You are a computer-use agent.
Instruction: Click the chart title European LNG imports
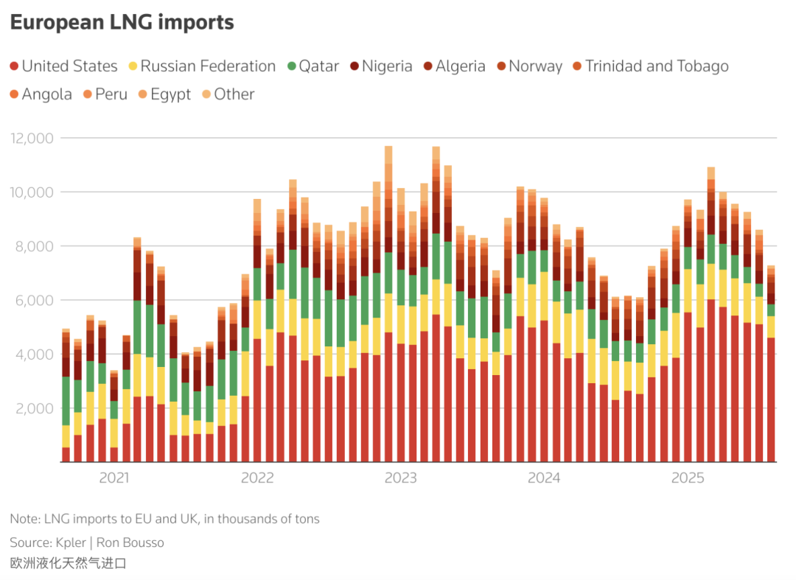[x=122, y=23]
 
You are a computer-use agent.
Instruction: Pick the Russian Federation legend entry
[x=202, y=66]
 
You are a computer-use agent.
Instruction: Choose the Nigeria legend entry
[x=381, y=66]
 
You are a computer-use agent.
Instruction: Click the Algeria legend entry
[x=454, y=66]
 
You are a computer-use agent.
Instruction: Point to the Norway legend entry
[x=528, y=66]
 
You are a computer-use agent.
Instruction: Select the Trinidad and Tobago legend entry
[x=649, y=66]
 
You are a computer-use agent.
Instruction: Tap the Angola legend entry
[x=41, y=94]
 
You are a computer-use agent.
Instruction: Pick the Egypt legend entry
[x=164, y=94]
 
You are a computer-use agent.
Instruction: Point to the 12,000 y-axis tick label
[x=32, y=138]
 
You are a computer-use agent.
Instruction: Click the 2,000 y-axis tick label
[x=35, y=408]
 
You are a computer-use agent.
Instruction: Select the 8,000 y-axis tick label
[x=35, y=246]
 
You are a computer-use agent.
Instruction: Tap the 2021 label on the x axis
[x=114, y=478]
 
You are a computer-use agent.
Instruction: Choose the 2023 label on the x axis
[x=400, y=478]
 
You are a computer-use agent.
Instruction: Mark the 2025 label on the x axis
[x=687, y=478]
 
